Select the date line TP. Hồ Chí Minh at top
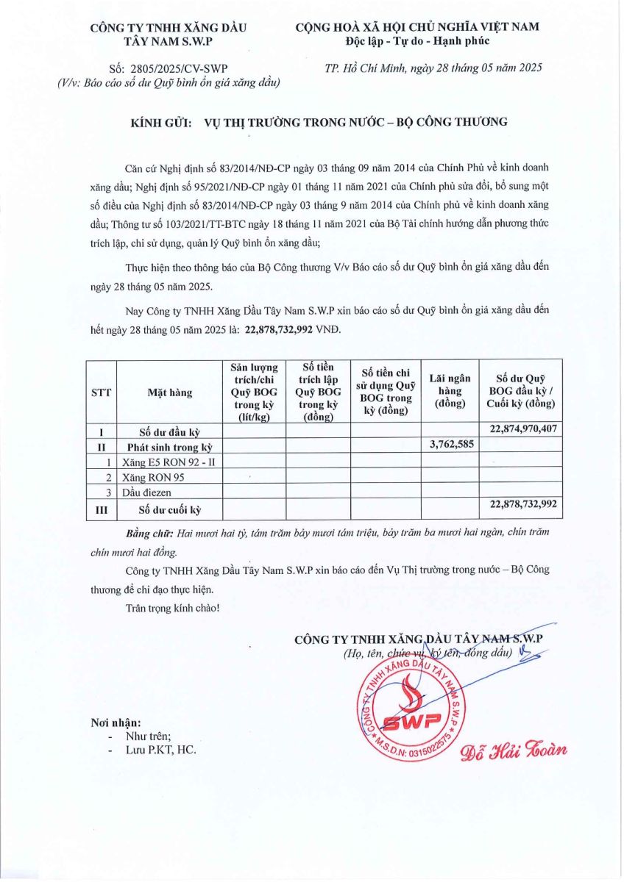(x=433, y=68)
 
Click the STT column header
(x=101, y=392)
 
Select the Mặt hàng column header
(x=169, y=392)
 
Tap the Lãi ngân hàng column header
(x=450, y=392)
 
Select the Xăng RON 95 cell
(x=154, y=477)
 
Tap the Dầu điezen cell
(x=150, y=492)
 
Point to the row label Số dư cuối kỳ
(x=169, y=508)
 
